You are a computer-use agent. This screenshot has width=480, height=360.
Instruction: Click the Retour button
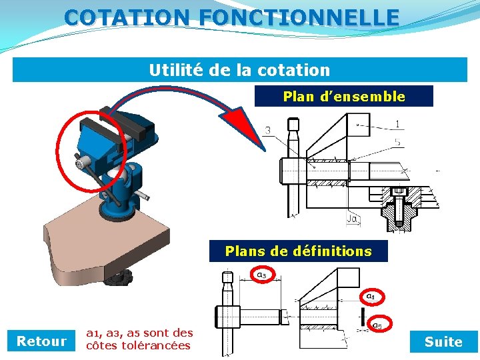point(41,341)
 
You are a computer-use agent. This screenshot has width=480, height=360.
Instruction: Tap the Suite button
point(443,341)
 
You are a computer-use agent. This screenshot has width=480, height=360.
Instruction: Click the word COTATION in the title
point(127,17)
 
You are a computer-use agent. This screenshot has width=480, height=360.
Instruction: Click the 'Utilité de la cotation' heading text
point(239,70)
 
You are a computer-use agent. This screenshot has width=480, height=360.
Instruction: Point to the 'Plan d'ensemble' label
point(344,97)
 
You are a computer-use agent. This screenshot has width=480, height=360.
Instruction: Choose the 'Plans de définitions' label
point(298,251)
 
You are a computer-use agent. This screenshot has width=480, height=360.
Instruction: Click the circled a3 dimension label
point(261,273)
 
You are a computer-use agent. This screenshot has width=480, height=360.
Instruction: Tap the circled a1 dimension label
point(370,295)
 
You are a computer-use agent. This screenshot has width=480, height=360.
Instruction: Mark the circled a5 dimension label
point(377,325)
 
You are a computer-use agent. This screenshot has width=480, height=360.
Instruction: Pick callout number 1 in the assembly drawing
point(397,124)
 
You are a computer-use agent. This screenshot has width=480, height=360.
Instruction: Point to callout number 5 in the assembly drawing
point(398,142)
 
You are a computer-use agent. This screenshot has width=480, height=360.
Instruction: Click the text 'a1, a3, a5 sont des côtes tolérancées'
point(139,339)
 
